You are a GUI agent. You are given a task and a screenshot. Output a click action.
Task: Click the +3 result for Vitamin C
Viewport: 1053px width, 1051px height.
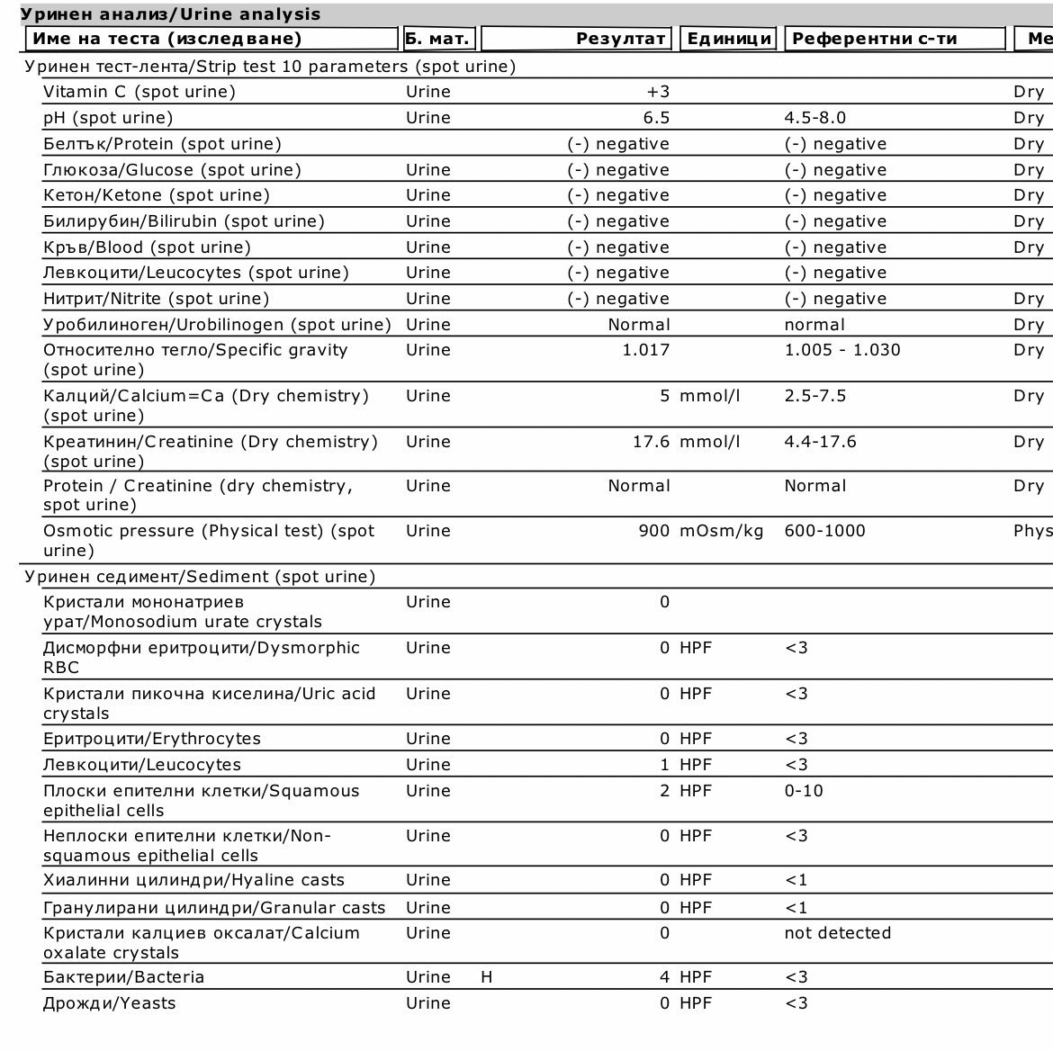pyautogui.click(x=657, y=92)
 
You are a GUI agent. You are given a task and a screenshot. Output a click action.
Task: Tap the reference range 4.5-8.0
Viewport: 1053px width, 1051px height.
pyautogui.click(x=815, y=118)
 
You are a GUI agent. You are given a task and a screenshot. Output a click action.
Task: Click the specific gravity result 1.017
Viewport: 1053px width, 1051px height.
pyautogui.click(x=645, y=350)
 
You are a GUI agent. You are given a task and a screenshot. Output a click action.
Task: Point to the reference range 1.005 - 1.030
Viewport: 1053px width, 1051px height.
pyautogui.click(x=842, y=350)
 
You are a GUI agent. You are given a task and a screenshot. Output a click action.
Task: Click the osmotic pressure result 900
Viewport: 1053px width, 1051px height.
pyautogui.click(x=653, y=531)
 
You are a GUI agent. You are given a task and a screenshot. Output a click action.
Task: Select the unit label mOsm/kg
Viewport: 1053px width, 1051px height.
pyautogui.click(x=722, y=531)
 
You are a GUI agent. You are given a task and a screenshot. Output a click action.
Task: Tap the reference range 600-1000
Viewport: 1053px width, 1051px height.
pyautogui.click(x=825, y=531)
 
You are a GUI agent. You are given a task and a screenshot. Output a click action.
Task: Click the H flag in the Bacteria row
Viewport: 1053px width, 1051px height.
pyautogui.click(x=487, y=977)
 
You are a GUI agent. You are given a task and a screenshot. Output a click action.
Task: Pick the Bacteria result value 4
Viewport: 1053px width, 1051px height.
pyautogui.click(x=665, y=977)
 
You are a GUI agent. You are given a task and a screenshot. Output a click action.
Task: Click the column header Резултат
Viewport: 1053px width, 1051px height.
pyautogui.click(x=621, y=39)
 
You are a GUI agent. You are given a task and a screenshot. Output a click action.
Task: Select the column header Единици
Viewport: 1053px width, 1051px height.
pyautogui.click(x=729, y=39)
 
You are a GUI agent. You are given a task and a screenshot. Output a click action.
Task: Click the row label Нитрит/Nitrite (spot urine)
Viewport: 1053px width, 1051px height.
pyautogui.click(x=156, y=299)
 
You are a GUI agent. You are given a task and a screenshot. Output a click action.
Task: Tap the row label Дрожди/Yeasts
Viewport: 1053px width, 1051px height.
pyautogui.click(x=109, y=1003)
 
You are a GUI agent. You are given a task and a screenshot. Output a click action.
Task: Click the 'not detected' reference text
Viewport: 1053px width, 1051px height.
pyautogui.click(x=838, y=933)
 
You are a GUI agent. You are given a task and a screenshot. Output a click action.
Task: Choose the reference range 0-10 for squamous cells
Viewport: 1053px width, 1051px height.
pyautogui.click(x=804, y=791)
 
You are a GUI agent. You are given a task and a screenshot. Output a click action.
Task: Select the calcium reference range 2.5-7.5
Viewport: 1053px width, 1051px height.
pyautogui.click(x=815, y=396)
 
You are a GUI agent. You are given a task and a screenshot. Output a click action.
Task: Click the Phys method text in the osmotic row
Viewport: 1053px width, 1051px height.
pyautogui.click(x=1032, y=531)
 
